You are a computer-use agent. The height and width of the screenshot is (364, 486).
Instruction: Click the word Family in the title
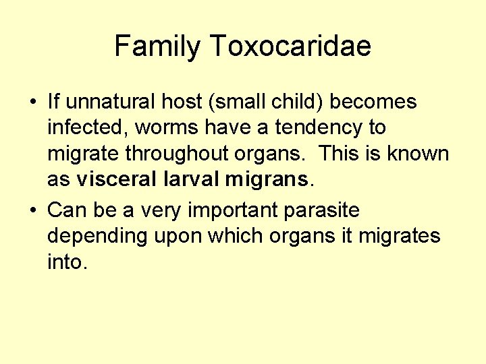[158, 47]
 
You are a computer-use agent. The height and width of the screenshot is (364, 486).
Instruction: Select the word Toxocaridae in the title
[290, 47]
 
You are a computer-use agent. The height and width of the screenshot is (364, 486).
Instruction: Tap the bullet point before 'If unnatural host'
[32, 103]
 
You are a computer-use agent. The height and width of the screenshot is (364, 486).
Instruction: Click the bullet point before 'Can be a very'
[32, 211]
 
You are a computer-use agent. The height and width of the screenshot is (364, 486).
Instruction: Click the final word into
[66, 262]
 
